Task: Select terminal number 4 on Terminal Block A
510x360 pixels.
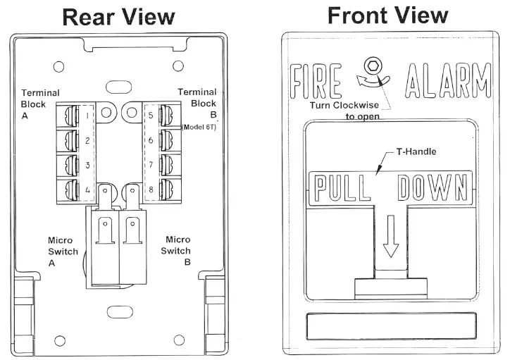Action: [x=87, y=190]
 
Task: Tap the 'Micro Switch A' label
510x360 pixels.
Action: [x=60, y=250]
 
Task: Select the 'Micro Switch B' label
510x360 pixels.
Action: [x=175, y=250]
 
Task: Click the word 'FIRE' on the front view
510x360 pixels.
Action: [x=318, y=81]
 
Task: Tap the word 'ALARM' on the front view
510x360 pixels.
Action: [x=449, y=81]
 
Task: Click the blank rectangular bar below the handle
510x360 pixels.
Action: [x=390, y=328]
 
